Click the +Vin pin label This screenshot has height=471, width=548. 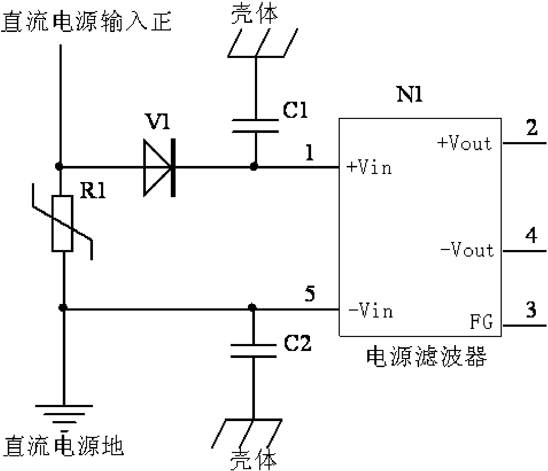pyautogui.click(x=369, y=168)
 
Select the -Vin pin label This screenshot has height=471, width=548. pyautogui.click(x=370, y=311)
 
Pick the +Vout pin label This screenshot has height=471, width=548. pyautogui.click(x=464, y=144)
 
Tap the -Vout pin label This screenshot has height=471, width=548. pyautogui.click(x=467, y=250)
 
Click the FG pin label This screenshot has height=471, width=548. pyautogui.click(x=482, y=322)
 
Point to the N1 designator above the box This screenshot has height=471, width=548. pyautogui.click(x=410, y=95)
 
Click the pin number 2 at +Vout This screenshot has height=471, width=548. pyautogui.click(x=531, y=128)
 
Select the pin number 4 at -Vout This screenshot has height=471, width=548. pyautogui.click(x=531, y=235)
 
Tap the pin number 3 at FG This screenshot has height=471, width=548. pyautogui.click(x=531, y=310)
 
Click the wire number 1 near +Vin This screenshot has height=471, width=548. pyautogui.click(x=310, y=153)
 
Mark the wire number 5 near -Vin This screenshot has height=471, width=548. pyautogui.click(x=310, y=295)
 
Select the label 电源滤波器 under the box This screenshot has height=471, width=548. pyautogui.click(x=427, y=356)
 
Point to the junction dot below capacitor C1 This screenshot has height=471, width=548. pyautogui.click(x=253, y=167)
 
